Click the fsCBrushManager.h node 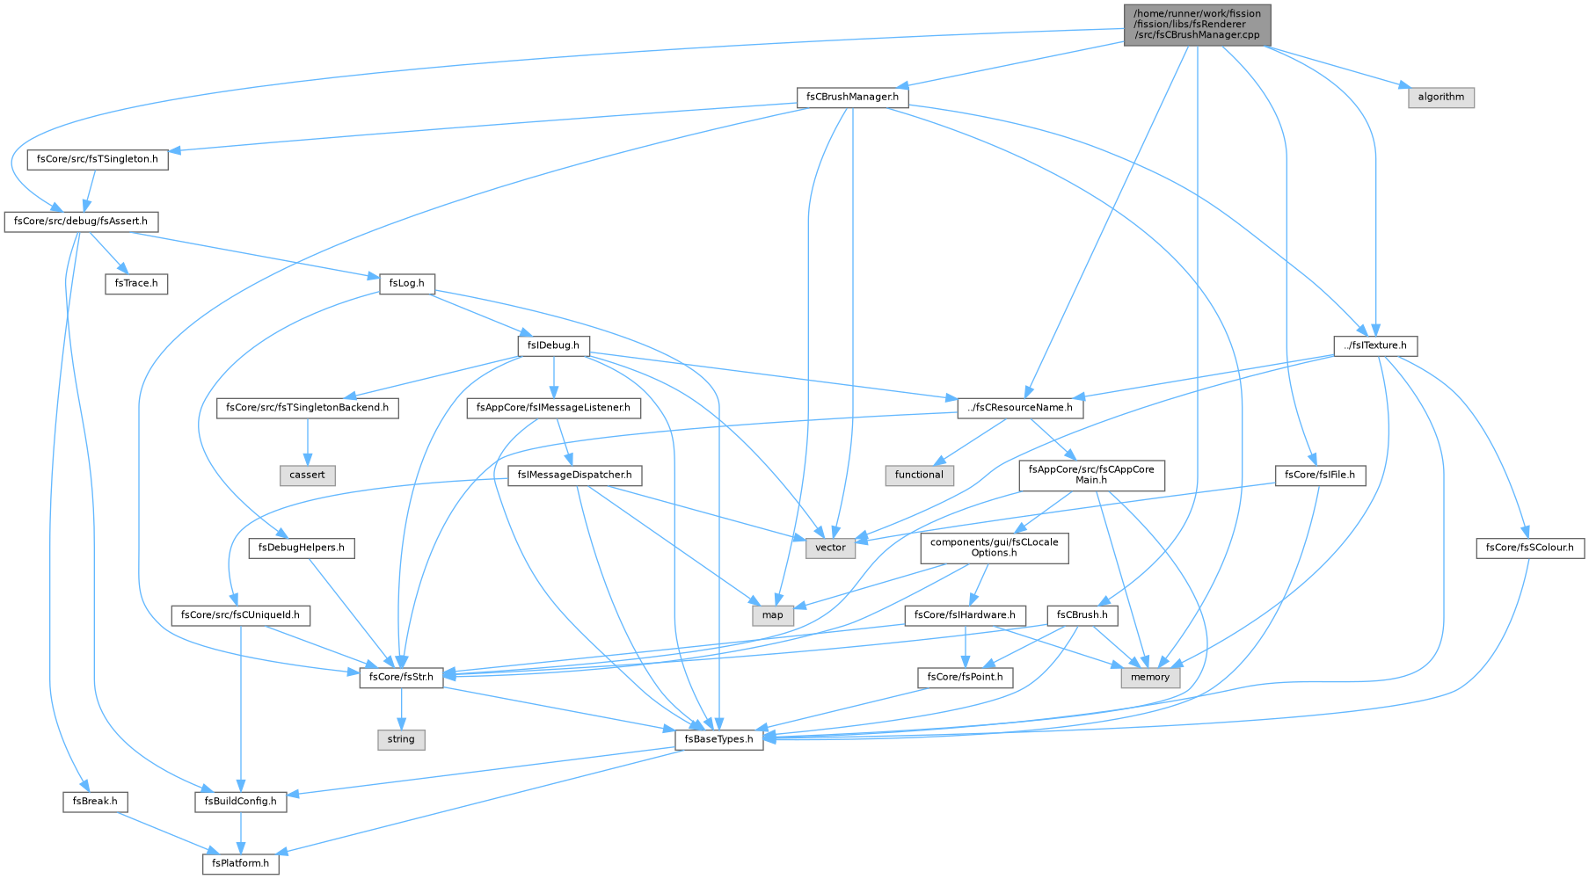click(852, 97)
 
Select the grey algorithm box click(1440, 97)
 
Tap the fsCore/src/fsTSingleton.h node click(98, 159)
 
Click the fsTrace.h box click(136, 284)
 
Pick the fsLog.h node click(406, 284)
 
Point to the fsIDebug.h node click(553, 345)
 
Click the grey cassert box click(308, 475)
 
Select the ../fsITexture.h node click(1375, 345)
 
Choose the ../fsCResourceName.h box click(1020, 408)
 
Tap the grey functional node click(919, 475)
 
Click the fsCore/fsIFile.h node click(1320, 475)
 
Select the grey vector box click(830, 548)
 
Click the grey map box click(773, 614)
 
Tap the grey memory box click(1150, 677)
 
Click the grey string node click(401, 739)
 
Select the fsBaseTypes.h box click(718, 739)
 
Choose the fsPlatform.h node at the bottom click(241, 863)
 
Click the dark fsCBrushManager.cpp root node click(1197, 25)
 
